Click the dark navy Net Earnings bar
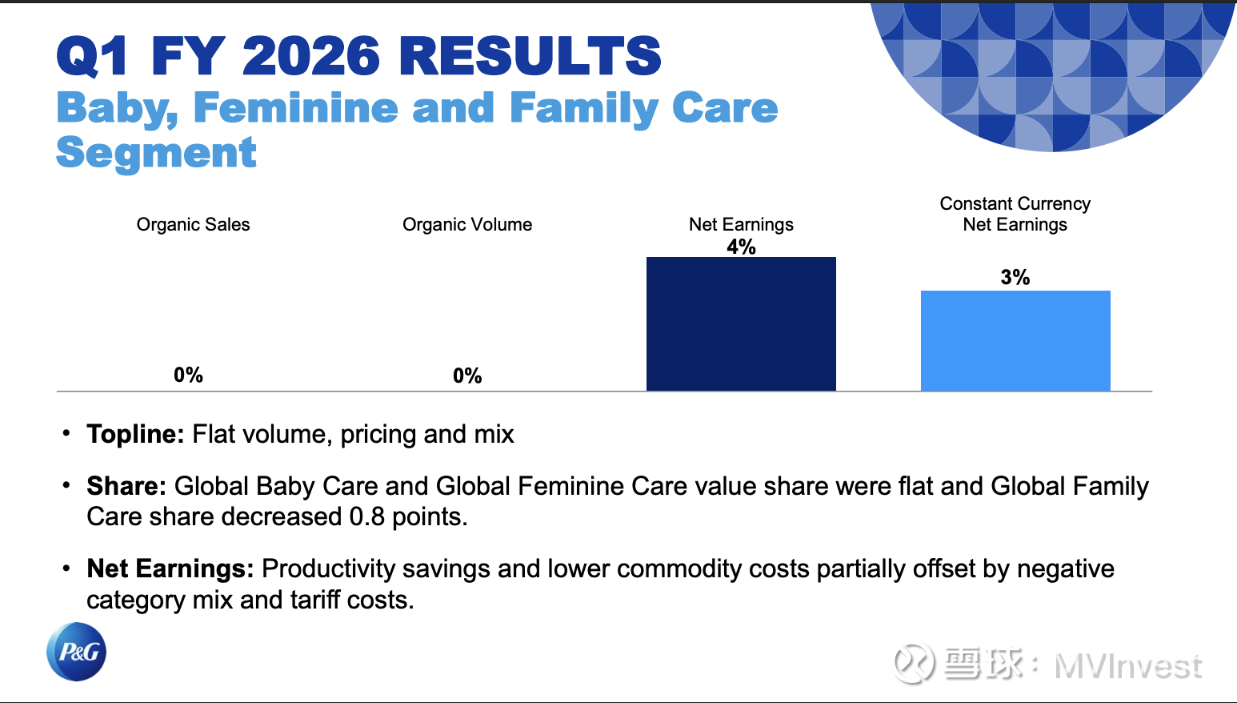pos(741,323)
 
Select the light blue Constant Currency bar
pos(1015,340)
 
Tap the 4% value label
pos(741,247)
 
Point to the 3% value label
pos(1015,277)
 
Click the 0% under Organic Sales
pos(188,376)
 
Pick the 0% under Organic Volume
pos(467,376)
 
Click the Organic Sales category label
pos(194,224)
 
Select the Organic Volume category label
pos(467,224)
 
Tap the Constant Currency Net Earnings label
pos(1015,214)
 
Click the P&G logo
pos(76,652)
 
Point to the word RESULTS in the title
pos(530,55)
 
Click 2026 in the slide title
pos(311,55)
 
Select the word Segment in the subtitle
pos(156,153)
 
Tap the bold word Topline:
pos(135,435)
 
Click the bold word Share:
pos(126,486)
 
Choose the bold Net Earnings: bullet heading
pos(170,568)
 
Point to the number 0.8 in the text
pos(366,516)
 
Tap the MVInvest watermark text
pos(1127,666)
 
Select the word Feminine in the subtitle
pos(295,107)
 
